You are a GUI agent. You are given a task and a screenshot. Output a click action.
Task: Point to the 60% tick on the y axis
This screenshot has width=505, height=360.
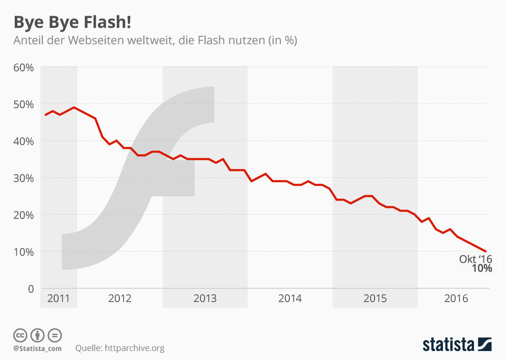(x=24, y=67)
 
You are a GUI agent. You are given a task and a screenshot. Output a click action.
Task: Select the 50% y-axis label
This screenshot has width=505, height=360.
(x=24, y=104)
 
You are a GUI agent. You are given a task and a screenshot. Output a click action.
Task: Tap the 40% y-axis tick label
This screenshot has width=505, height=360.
(x=24, y=141)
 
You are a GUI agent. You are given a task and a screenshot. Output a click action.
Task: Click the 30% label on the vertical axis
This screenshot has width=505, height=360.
(x=24, y=178)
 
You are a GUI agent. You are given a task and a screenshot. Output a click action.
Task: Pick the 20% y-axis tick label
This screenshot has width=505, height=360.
(x=24, y=215)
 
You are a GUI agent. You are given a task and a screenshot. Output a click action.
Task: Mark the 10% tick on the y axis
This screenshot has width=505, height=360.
(x=24, y=252)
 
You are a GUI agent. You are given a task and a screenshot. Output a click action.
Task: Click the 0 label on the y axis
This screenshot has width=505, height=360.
(x=31, y=288)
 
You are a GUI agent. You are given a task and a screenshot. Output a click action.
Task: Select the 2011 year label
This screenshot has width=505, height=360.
(x=58, y=298)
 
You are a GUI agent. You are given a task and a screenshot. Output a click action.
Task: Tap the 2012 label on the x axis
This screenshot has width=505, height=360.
(x=119, y=298)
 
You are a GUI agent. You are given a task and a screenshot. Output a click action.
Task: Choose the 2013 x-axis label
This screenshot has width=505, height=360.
(x=205, y=298)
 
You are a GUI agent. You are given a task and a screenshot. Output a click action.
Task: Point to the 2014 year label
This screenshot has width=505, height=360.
(x=290, y=298)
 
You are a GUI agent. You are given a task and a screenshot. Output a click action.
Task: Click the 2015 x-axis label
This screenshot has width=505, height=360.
(x=375, y=298)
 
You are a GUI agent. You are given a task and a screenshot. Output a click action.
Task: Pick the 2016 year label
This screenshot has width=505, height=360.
(x=456, y=298)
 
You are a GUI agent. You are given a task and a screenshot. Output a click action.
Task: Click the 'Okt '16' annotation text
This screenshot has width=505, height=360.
(x=476, y=259)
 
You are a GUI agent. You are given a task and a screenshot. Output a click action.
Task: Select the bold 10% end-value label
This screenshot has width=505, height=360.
(x=481, y=268)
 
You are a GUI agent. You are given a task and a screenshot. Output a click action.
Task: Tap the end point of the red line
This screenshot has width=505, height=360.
(x=486, y=252)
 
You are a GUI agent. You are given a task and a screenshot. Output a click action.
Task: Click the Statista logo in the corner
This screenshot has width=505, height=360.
(x=457, y=345)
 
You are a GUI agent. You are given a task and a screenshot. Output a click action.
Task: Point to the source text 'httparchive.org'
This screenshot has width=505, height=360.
(x=135, y=348)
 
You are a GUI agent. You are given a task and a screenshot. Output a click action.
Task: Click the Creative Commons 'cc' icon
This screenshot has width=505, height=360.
(x=20, y=335)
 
